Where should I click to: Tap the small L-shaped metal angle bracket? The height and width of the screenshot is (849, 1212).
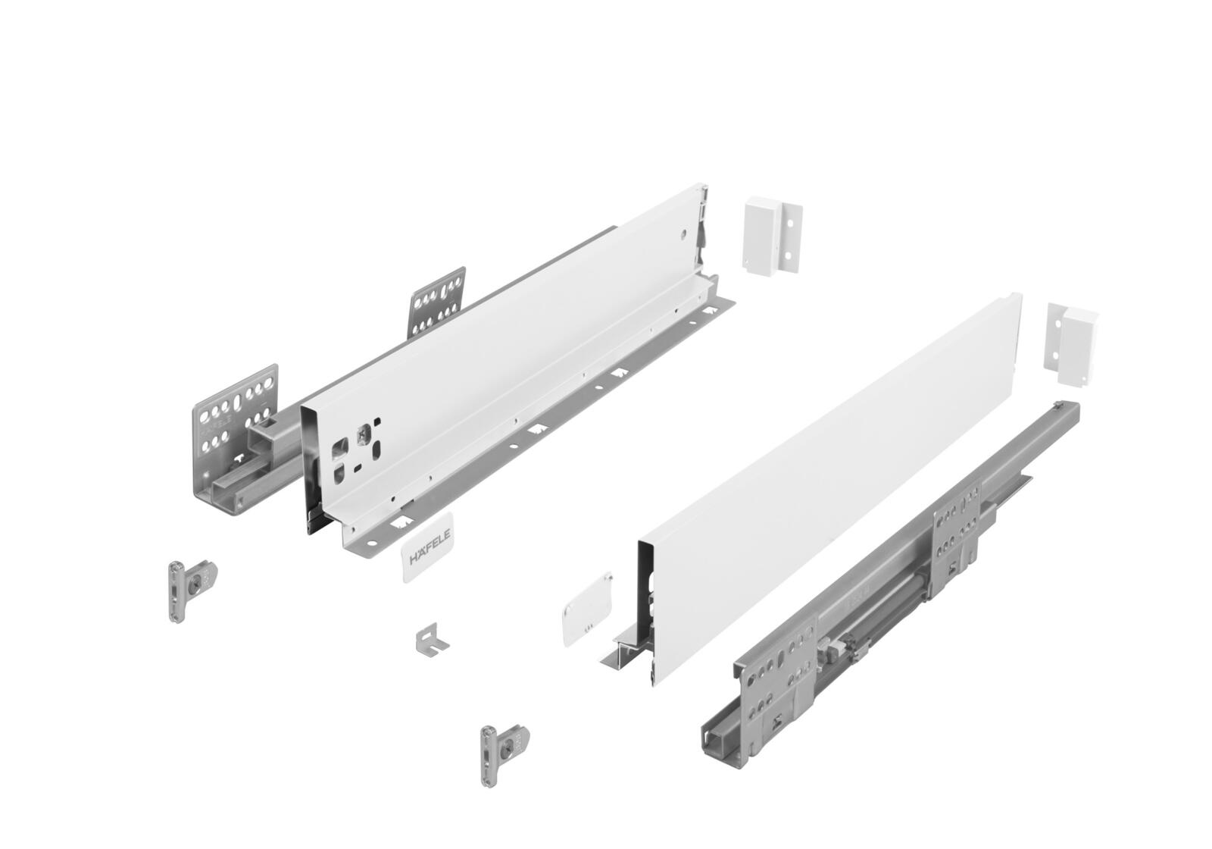click(430, 638)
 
